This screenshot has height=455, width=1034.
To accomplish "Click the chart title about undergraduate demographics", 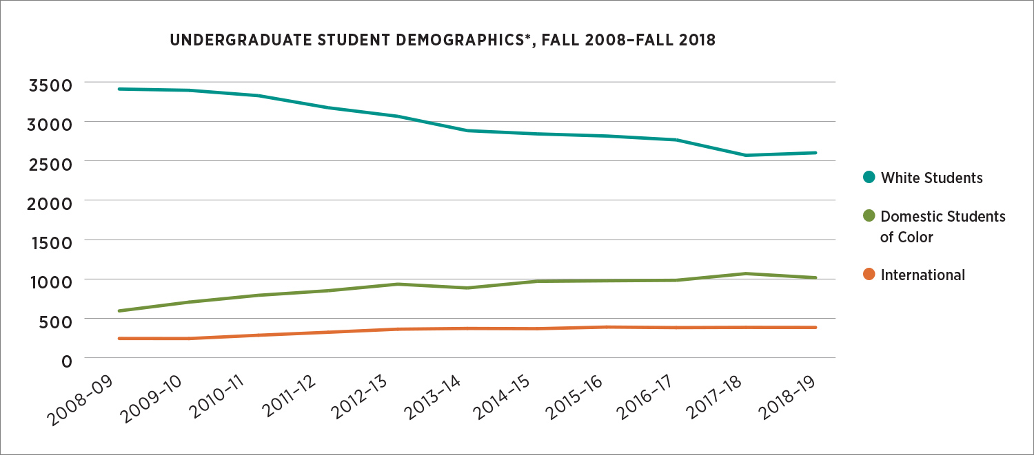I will tap(442, 41).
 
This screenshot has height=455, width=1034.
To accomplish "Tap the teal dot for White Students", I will tap(869, 178).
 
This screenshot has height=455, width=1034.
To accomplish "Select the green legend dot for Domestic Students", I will tap(869, 217).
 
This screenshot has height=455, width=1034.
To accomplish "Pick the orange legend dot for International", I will tap(869, 275).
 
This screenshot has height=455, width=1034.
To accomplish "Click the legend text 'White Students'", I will tap(932, 178).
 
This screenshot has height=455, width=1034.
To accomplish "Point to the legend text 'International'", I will tap(923, 275).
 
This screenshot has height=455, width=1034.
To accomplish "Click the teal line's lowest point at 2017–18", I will tap(746, 156).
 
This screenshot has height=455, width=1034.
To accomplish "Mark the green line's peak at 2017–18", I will tap(746, 274).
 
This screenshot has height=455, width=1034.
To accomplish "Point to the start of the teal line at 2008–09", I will tap(119, 89).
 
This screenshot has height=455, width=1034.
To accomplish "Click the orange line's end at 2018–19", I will tap(816, 328).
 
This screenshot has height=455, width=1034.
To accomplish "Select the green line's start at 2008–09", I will tap(119, 311).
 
